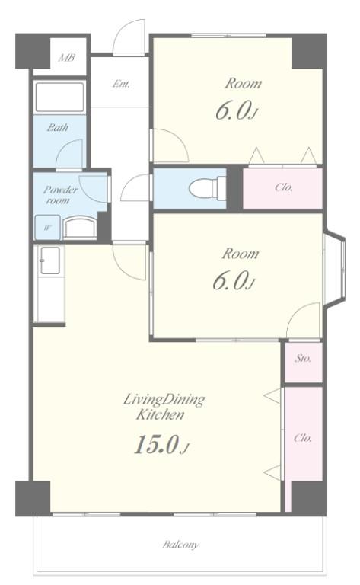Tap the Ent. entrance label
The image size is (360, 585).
click(x=119, y=84)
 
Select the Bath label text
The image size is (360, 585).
click(x=57, y=128)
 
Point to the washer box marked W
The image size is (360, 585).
click(x=47, y=228)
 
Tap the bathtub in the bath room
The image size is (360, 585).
click(x=59, y=97)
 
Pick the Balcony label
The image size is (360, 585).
click(x=180, y=545)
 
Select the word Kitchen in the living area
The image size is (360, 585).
click(x=160, y=416)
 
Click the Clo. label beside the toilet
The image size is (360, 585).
click(x=283, y=187)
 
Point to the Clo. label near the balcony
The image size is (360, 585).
click(x=302, y=440)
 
